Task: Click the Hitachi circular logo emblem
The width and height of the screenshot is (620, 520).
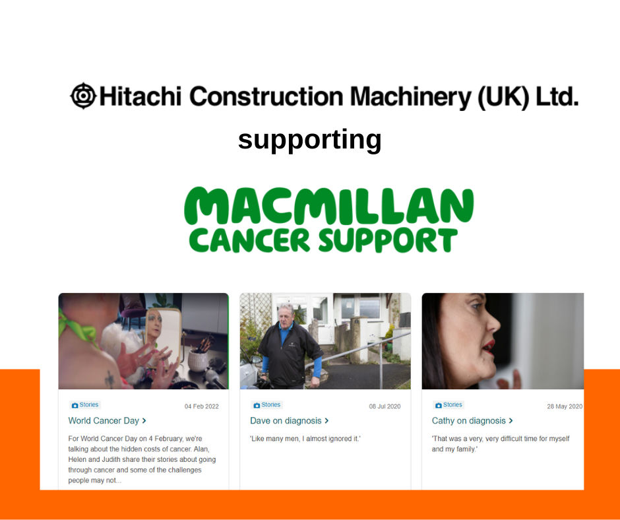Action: tap(83, 96)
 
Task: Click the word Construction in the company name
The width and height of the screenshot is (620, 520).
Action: tap(266, 96)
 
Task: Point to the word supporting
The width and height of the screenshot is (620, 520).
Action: tap(309, 140)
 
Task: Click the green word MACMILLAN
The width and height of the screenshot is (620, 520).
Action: tap(328, 206)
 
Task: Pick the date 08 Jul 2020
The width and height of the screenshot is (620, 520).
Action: tap(385, 406)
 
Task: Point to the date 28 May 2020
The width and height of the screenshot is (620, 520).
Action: tap(564, 406)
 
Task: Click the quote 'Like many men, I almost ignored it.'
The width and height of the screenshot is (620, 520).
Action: tap(305, 438)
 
